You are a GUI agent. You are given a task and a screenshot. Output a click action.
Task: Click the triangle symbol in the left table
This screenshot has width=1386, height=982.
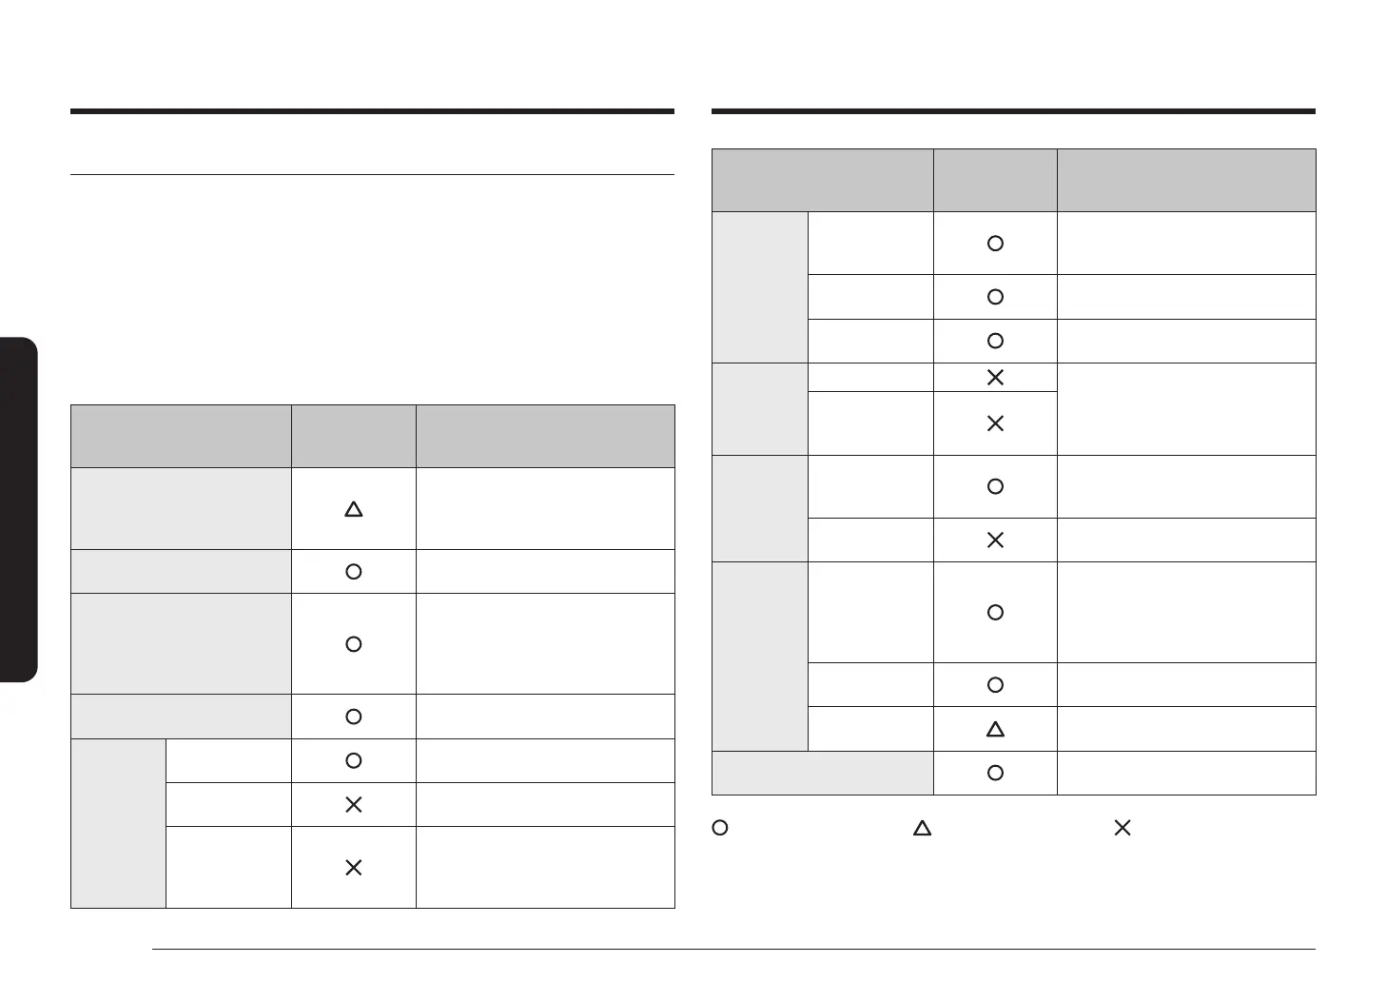353,509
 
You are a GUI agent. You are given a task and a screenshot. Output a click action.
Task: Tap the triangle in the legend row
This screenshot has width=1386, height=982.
922,828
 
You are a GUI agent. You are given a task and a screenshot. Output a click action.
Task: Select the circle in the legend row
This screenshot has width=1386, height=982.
721,828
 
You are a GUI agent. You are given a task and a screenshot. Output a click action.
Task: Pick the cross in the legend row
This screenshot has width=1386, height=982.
1122,828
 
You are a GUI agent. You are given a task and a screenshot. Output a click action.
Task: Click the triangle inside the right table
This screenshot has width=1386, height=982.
995,730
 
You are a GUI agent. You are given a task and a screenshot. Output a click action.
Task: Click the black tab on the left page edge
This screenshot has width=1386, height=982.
18,509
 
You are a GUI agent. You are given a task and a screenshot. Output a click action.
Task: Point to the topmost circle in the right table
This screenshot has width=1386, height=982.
995,244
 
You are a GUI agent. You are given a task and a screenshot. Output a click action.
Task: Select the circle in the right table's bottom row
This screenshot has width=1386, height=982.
995,773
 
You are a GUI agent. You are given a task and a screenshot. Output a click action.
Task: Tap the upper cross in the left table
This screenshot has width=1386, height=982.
353,805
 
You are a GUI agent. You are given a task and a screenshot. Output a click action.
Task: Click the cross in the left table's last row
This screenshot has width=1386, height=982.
353,868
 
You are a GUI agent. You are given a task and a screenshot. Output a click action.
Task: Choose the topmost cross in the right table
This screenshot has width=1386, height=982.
995,378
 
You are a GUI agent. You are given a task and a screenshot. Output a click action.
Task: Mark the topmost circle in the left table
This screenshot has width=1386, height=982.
353,572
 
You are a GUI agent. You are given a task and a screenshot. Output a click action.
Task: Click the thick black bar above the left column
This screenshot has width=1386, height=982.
372,111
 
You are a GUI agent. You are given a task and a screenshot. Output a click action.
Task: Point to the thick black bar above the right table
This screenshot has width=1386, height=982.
1013,111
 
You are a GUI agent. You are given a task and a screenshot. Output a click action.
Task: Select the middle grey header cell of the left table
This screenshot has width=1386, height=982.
353,436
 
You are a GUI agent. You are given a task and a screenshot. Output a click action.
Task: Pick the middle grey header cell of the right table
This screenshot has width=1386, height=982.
995,180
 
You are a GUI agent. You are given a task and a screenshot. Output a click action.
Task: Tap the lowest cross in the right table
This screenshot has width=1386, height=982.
995,540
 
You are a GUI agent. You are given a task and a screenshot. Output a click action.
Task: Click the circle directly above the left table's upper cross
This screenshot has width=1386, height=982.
353,760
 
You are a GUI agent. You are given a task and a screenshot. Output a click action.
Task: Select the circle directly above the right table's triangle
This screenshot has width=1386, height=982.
995,685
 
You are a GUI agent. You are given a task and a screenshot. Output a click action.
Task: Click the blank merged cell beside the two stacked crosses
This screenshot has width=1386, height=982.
1186,409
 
